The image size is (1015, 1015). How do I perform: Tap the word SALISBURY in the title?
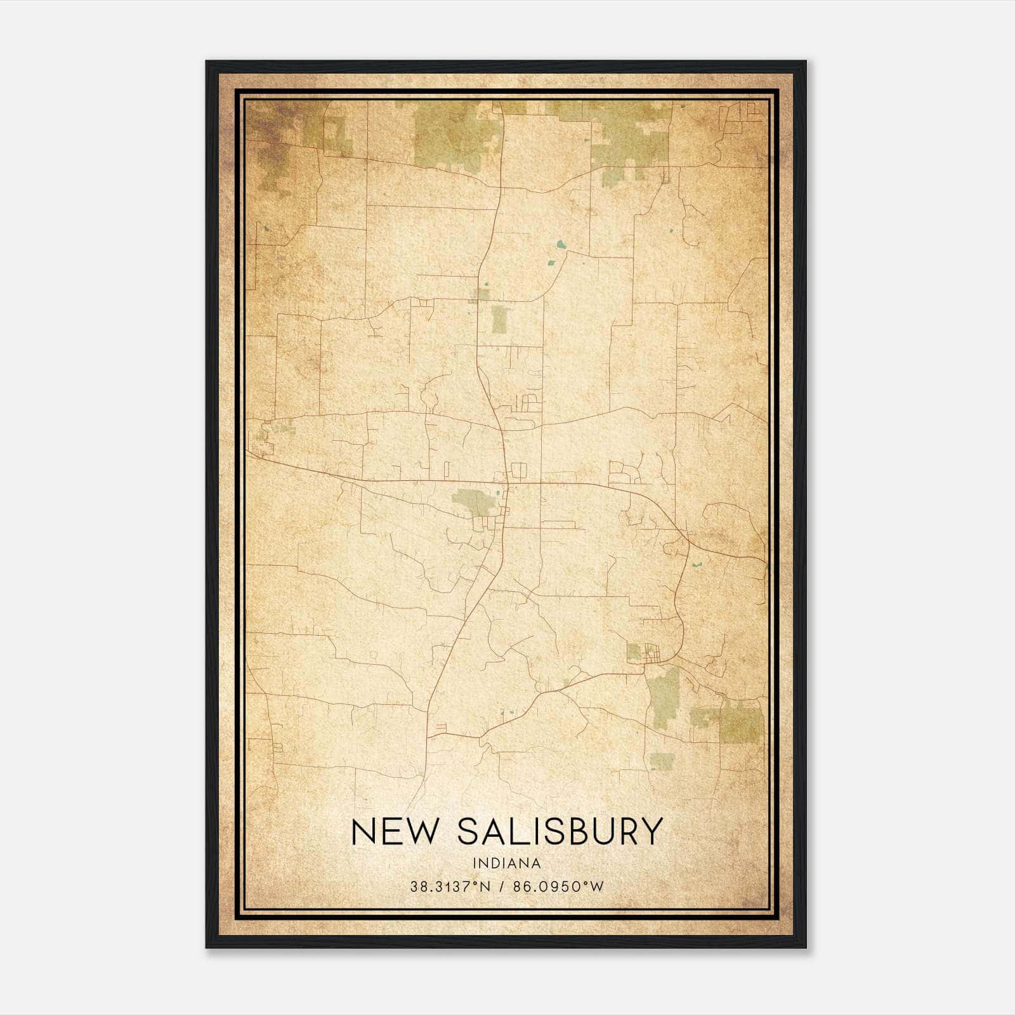pyautogui.click(x=560, y=832)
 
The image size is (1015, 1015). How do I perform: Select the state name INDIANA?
pyautogui.click(x=507, y=863)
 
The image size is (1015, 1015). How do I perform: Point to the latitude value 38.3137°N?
pyautogui.click(x=450, y=887)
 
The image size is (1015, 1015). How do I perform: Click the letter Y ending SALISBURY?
pyautogui.click(x=651, y=832)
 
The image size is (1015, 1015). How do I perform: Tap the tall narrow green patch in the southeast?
pyautogui.click(x=665, y=698)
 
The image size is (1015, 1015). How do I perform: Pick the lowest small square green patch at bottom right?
pyautogui.click(x=662, y=760)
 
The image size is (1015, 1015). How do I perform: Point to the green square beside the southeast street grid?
pyautogui.click(x=634, y=651)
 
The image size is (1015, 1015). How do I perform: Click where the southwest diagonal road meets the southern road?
pyautogui.click(x=428, y=736)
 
